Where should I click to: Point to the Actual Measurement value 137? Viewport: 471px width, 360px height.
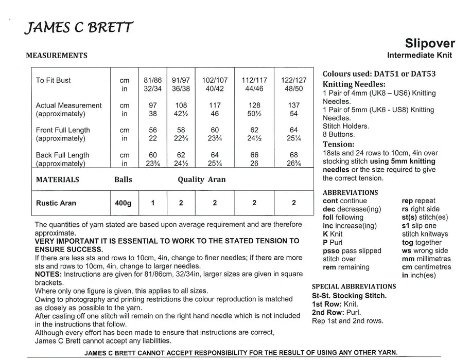[x=294, y=105]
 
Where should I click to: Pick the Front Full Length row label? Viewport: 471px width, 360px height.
[x=63, y=130]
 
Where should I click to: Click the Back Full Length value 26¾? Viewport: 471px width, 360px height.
[x=294, y=164]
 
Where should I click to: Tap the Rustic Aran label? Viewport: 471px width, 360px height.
[x=56, y=203]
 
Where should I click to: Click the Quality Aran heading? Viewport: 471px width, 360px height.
[x=202, y=180]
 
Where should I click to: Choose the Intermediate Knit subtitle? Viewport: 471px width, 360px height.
[x=420, y=56]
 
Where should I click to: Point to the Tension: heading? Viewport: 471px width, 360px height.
[x=339, y=145]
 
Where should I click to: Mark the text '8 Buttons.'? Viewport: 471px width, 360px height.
[x=340, y=134]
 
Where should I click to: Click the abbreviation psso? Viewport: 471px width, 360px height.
[x=332, y=251]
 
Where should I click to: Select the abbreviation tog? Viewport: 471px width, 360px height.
[x=407, y=243]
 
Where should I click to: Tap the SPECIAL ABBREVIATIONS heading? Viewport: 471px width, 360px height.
[x=354, y=286]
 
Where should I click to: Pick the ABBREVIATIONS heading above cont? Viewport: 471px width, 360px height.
[x=351, y=192]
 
